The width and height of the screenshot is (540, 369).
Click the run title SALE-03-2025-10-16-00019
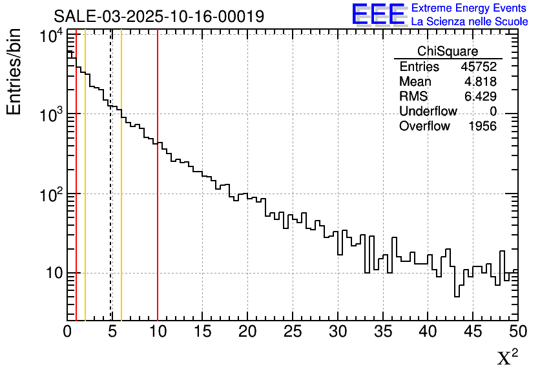tap(158, 16)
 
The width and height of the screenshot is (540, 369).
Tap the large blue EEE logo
tap(379, 14)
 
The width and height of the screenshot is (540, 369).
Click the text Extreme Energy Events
tap(469, 8)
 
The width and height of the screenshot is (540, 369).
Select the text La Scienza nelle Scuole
tap(470, 22)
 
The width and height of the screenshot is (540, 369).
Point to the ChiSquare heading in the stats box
tap(448, 52)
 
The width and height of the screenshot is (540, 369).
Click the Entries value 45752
tap(479, 67)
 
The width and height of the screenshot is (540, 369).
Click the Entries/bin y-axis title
tap(14, 72)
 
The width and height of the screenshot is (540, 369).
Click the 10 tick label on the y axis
tap(54, 274)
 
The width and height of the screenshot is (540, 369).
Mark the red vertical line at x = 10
tap(158, 194)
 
